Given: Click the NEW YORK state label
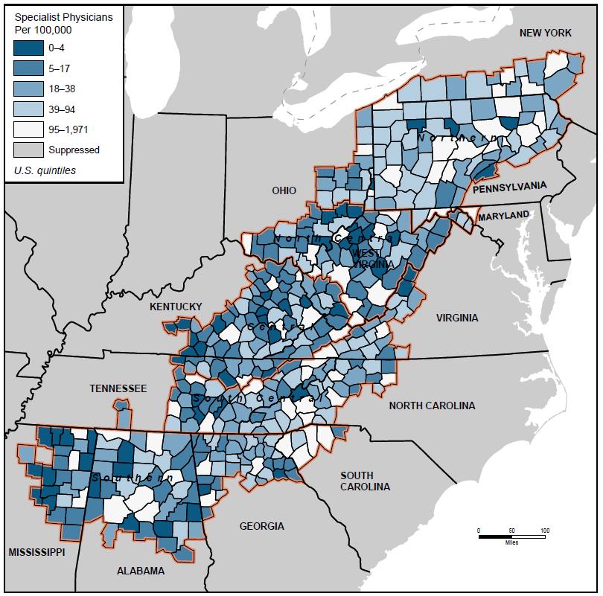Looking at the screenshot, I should tap(545, 33).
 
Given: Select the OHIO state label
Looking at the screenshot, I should tap(284, 190).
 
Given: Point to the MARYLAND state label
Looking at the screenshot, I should tap(503, 215).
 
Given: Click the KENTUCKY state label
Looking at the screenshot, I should tap(176, 307).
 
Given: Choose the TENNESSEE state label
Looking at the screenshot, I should tap(118, 388).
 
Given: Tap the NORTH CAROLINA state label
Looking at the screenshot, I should tap(432, 406).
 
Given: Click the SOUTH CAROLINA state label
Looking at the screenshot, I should tap(365, 481).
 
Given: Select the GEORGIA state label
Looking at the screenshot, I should tap(261, 526).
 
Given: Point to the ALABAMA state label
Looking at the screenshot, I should tap(141, 571).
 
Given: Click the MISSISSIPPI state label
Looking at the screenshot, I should tap(36, 552).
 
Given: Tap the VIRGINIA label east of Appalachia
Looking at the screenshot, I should tap(457, 318).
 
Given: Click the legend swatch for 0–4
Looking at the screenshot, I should tap(28, 48).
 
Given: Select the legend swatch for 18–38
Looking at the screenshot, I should tap(28, 89).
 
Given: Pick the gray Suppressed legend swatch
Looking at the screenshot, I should tap(28, 150).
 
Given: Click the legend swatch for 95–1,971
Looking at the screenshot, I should tap(28, 129).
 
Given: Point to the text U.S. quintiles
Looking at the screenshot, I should tap(45, 170).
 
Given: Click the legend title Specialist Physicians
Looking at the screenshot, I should tap(64, 17).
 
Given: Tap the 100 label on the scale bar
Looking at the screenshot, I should tap(544, 530).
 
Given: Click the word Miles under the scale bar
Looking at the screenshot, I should tap(511, 542).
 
